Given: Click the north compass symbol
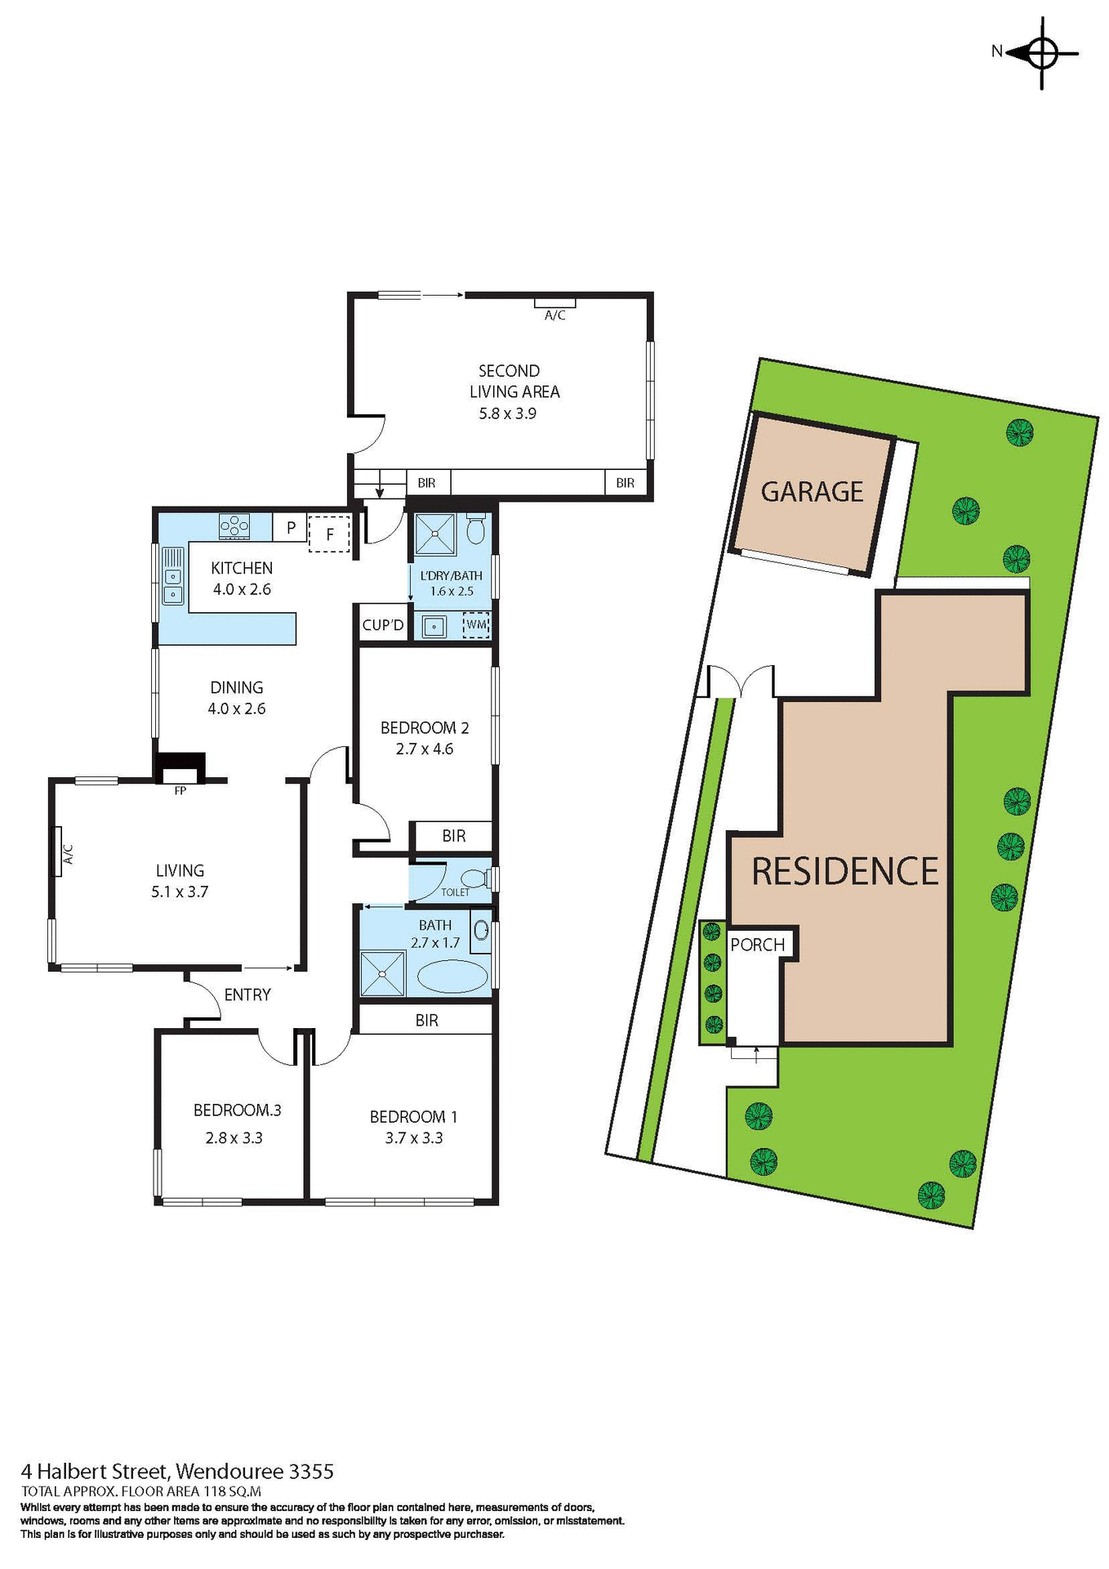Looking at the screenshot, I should coord(1041,52).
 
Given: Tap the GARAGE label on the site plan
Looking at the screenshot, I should coord(812,492).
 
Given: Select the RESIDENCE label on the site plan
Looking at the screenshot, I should coord(844,871).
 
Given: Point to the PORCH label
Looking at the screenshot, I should coord(757,945).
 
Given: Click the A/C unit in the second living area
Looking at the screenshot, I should coord(554,303).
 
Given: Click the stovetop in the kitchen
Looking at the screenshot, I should coord(234,525).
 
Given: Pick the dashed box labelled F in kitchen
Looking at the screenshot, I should coord(329,534).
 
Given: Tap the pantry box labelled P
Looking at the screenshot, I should coord(290,528).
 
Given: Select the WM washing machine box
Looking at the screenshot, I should coord(476,625).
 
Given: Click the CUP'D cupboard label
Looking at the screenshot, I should coord(382,625).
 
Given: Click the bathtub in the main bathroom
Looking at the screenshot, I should coord(452,977).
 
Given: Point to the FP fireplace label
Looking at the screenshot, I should coord(180,790).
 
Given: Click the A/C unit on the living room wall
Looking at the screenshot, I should coord(57,852).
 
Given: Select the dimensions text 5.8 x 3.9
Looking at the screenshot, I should coord(507,413).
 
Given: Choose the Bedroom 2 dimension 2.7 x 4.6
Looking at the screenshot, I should coord(424,749).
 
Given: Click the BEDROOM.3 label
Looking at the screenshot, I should coord(237,1110).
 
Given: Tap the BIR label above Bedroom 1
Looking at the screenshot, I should coord(426,1020).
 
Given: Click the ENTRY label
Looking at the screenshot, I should coord(247,995).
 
